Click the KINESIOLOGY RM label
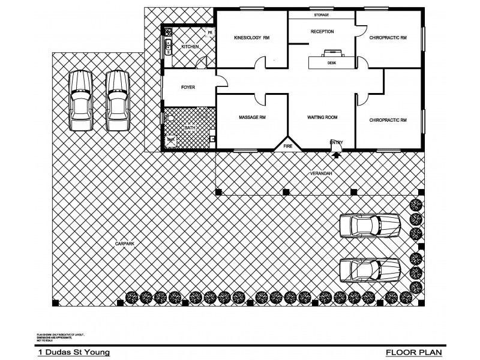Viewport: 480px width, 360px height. tap(251, 38)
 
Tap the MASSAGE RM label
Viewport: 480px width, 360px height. tap(251, 118)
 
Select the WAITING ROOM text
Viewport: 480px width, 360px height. tap(322, 118)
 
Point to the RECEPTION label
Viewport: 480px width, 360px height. tap(322, 32)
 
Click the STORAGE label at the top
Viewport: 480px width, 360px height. tap(322, 15)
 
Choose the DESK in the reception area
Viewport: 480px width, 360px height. tap(331, 61)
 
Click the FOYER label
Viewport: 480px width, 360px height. tap(188, 88)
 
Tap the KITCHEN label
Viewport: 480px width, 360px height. tap(190, 46)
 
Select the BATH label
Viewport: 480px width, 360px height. tap(190, 128)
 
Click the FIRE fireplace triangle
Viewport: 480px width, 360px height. tap(287, 145)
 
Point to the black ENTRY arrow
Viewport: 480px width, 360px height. tap(335, 154)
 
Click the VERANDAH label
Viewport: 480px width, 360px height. tap(321, 173)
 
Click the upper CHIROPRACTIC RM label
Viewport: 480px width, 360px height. tap(388, 38)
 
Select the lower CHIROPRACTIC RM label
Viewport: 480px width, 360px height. tap(388, 120)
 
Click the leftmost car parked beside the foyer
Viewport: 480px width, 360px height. tap(80, 100)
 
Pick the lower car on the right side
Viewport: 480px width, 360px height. tap(370, 269)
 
